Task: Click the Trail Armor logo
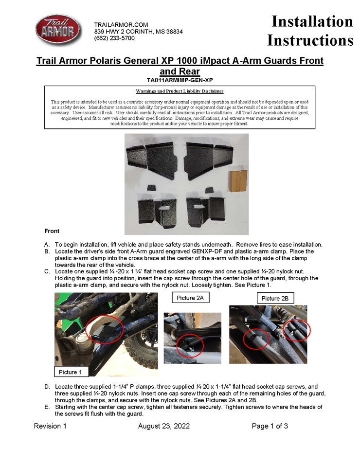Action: click(58, 31)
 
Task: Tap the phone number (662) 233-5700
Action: click(114, 38)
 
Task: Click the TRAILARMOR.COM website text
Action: click(121, 25)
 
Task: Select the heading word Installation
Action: click(312, 22)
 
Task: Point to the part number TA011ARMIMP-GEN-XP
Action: click(180, 80)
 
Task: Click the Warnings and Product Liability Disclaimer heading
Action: click(180, 91)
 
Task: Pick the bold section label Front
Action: click(52, 231)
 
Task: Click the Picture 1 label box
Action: click(71, 372)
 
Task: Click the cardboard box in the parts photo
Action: click(238, 181)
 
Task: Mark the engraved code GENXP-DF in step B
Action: click(213, 251)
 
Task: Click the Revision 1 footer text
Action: click(50, 426)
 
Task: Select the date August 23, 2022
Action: click(164, 426)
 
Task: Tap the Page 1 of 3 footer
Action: click(270, 426)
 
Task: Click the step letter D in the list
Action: click(47, 387)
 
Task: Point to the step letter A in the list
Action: click(47, 244)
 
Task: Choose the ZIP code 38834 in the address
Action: click(174, 32)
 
